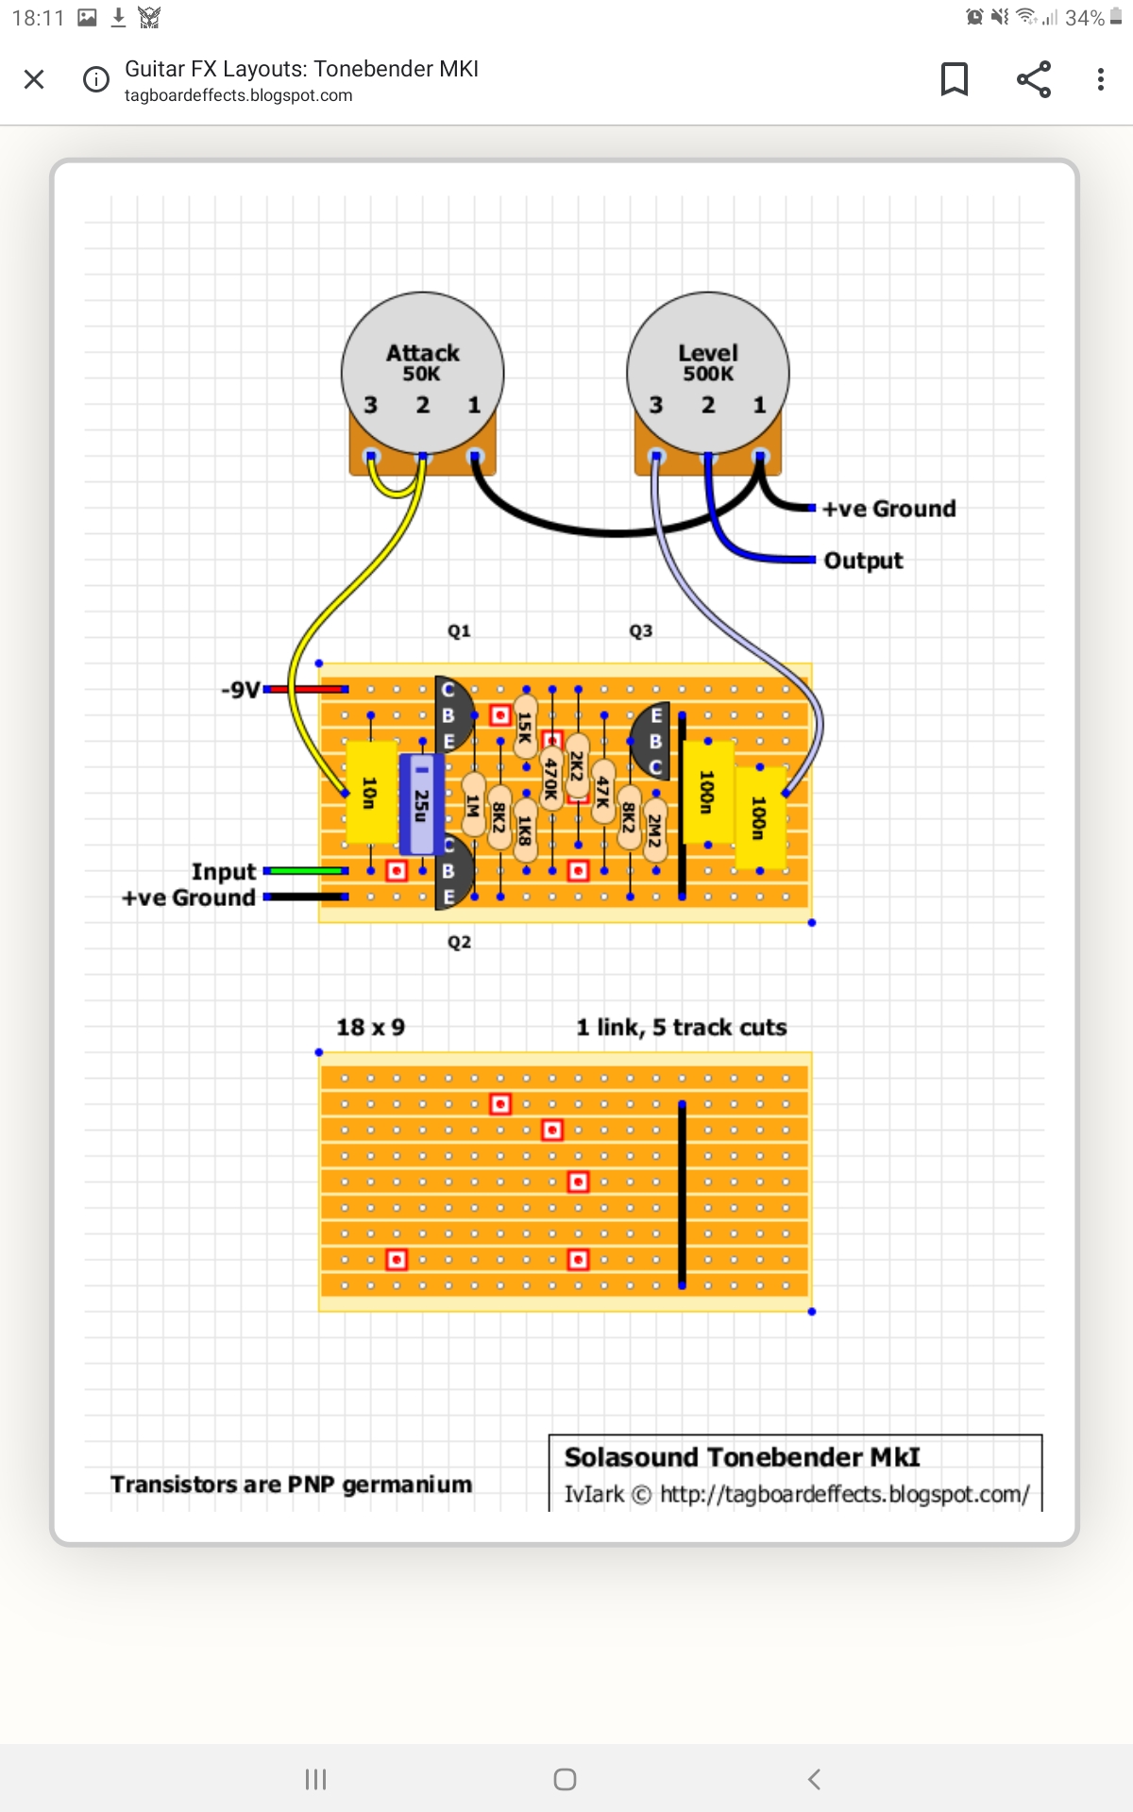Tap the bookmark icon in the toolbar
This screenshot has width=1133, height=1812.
pos(955,79)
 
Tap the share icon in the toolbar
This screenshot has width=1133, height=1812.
pos(1034,79)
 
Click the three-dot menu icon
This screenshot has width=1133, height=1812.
pos(1100,79)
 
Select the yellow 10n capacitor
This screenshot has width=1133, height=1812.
pos(370,793)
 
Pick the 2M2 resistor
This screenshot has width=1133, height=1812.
pos(654,830)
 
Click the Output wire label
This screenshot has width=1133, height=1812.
pos(863,561)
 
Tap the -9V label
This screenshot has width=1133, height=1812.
pos(241,690)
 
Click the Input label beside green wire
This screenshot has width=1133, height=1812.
pos(224,871)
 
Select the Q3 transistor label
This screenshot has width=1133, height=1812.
pos(641,630)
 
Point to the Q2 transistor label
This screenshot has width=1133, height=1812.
pos(459,942)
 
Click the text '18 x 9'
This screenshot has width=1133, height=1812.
pos(371,1027)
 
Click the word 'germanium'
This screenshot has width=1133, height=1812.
pos(407,1485)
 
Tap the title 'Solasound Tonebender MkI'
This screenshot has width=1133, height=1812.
pos(742,1457)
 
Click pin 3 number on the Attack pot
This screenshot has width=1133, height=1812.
pos(371,405)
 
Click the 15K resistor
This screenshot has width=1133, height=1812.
pos(526,727)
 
